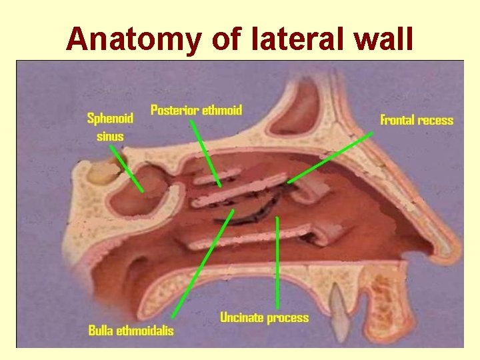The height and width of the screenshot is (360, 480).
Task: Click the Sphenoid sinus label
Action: [110, 127]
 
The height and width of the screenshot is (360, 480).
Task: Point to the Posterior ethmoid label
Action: [196, 110]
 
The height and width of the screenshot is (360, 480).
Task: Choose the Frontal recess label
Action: [417, 121]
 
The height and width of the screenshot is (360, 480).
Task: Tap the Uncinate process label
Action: [265, 317]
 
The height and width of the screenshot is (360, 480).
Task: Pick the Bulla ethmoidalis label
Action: [131, 331]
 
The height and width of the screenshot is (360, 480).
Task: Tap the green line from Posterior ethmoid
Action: [206, 153]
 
